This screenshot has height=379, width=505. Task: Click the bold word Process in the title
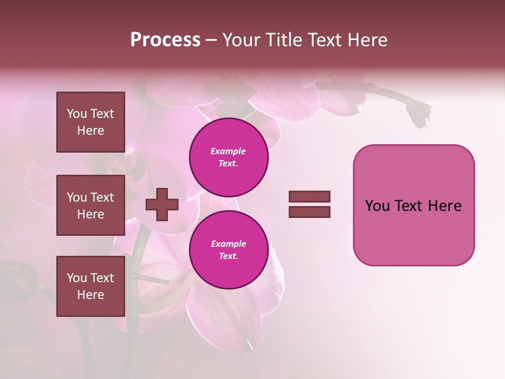tap(165, 40)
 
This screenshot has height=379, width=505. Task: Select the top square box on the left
tap(90, 122)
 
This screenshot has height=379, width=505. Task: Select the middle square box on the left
tap(90, 205)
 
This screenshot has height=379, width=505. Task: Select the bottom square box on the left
tap(90, 286)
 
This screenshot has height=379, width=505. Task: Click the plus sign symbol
tap(161, 204)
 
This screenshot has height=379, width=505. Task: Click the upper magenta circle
tap(228, 157)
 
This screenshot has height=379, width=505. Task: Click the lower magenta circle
tap(228, 250)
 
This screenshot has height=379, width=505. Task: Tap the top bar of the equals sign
tap(310, 197)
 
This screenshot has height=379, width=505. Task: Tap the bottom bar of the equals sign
tap(310, 212)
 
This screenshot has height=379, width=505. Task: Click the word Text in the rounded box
tap(409, 206)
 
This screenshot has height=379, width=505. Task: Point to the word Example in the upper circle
tap(228, 152)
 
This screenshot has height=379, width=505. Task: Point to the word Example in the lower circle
tap(228, 244)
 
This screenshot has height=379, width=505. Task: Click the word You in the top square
tap(76, 114)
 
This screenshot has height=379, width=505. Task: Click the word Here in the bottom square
tap(90, 295)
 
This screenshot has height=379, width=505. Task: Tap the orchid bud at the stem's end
tap(420, 113)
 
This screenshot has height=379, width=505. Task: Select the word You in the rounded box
tap(377, 206)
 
